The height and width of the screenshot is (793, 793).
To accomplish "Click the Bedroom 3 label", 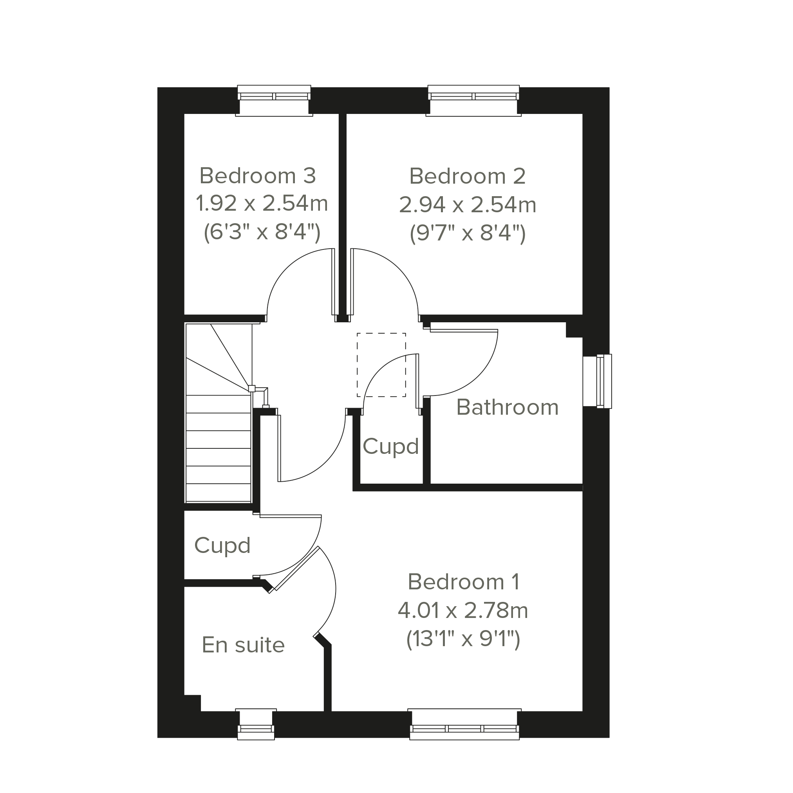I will [257, 176].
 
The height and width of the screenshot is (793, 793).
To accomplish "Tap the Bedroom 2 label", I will [467, 177].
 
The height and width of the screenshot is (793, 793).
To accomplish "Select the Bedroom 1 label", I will [463, 582].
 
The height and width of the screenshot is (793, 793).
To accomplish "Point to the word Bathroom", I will [507, 408].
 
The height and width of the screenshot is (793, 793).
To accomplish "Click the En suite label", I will [243, 645].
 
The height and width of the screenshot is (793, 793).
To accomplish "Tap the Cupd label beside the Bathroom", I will [390, 446].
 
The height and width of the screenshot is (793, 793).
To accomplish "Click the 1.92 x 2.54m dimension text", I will [262, 204].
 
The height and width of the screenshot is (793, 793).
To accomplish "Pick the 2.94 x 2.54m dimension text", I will [468, 205].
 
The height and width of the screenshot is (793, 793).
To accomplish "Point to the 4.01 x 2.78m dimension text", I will [462, 611].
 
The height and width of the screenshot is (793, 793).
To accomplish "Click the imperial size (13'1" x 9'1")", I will [463, 639].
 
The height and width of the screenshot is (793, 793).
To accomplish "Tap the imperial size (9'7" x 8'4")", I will [468, 233].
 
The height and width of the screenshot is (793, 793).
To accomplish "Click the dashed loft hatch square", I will [381, 365].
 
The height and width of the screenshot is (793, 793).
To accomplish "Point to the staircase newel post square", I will [252, 388].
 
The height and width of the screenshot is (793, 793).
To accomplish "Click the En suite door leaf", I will [296, 569].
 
